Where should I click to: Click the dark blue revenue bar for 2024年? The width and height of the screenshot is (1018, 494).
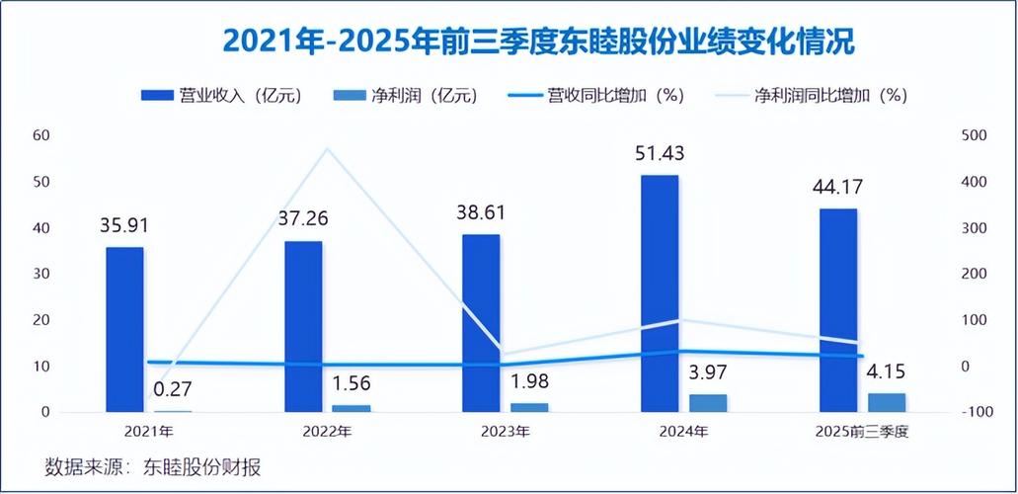point(660,292)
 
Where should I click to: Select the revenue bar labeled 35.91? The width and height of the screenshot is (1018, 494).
point(124,328)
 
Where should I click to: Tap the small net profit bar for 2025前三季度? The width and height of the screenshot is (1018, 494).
point(887,401)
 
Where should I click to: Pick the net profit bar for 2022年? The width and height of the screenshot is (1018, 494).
point(352,407)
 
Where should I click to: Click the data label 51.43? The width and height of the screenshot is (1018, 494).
point(661,154)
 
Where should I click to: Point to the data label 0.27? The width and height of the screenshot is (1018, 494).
point(172,389)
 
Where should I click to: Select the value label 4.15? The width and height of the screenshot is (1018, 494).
point(886,373)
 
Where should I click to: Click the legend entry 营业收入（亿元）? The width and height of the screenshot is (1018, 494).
point(222,96)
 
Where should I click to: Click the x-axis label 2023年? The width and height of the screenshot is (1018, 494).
point(506,432)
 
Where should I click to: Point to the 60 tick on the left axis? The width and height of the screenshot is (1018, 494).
point(42,135)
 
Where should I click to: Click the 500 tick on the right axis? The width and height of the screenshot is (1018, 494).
point(974,135)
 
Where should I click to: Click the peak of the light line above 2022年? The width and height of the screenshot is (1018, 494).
point(327,149)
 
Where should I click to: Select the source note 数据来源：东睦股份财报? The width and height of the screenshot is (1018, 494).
point(153,467)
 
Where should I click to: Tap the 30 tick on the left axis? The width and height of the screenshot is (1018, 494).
point(42,274)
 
